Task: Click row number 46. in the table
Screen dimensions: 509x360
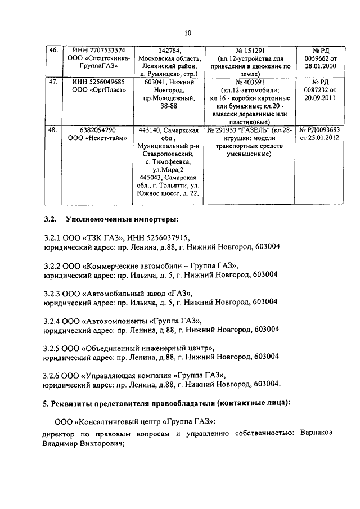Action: [x=54, y=51]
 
